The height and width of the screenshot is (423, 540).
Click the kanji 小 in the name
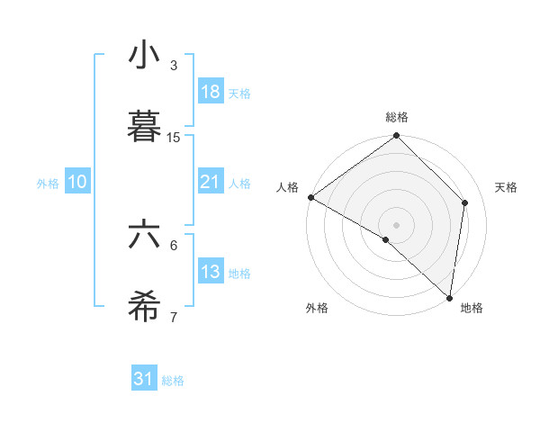pos(144,55)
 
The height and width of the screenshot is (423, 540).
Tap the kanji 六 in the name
pos(144,235)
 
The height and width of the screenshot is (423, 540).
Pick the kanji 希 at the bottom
pos(144,307)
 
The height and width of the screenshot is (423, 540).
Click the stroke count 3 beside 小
pos(174,66)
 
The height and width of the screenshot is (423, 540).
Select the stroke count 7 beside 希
pos(174,318)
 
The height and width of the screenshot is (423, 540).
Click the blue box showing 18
pos(210,92)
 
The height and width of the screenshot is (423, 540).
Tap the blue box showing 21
pos(210,182)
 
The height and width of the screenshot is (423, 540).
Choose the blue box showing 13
pos(210,272)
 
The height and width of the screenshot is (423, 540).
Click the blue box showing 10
pos(76,182)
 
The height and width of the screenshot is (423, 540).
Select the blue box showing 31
pos(144,380)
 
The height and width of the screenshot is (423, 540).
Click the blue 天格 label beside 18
pos(239,93)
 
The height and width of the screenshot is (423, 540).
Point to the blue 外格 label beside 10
pos(48,183)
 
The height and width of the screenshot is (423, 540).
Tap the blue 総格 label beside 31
pos(173,381)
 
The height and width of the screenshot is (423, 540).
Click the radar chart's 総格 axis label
pos(397,117)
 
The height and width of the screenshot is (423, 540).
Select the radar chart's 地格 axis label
pos(472,308)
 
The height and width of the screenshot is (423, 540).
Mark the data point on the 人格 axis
pos(310,197)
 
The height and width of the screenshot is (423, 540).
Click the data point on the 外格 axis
pos(386,239)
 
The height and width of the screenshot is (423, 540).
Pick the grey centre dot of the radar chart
pos(397,224)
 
